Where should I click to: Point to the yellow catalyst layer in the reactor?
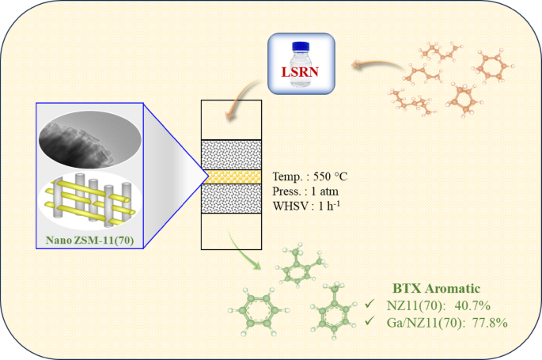(x=232, y=176)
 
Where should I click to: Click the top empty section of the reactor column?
(x=232, y=119)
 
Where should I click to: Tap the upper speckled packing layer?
(x=232, y=153)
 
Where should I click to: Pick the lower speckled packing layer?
(x=232, y=198)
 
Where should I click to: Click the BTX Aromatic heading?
(x=441, y=289)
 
